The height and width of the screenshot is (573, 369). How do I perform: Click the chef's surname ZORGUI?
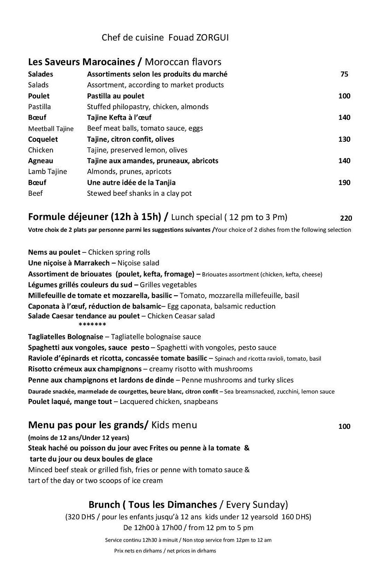tap(212, 38)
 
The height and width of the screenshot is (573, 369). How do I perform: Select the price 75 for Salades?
tap(344, 74)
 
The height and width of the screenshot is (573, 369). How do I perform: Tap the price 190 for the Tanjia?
tap(344, 182)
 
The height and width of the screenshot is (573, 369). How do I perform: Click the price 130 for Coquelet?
tap(344, 139)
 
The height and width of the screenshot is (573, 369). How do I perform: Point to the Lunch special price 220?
tap(346, 218)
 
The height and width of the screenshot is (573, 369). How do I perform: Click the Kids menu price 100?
tap(344, 427)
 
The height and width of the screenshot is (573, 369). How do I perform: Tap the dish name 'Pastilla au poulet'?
tap(116, 96)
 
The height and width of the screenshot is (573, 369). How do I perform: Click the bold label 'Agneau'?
tap(41, 161)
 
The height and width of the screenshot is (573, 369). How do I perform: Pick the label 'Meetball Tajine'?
tap(51, 129)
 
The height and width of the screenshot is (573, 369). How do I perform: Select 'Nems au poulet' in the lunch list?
tap(54, 252)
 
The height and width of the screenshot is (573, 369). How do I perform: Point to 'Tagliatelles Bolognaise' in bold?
tap(65, 337)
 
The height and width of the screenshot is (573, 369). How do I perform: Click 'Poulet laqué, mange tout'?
tap(70, 401)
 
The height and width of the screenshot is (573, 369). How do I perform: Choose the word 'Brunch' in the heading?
tap(104, 504)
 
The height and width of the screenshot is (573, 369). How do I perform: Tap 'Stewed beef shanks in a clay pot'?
tap(139, 193)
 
